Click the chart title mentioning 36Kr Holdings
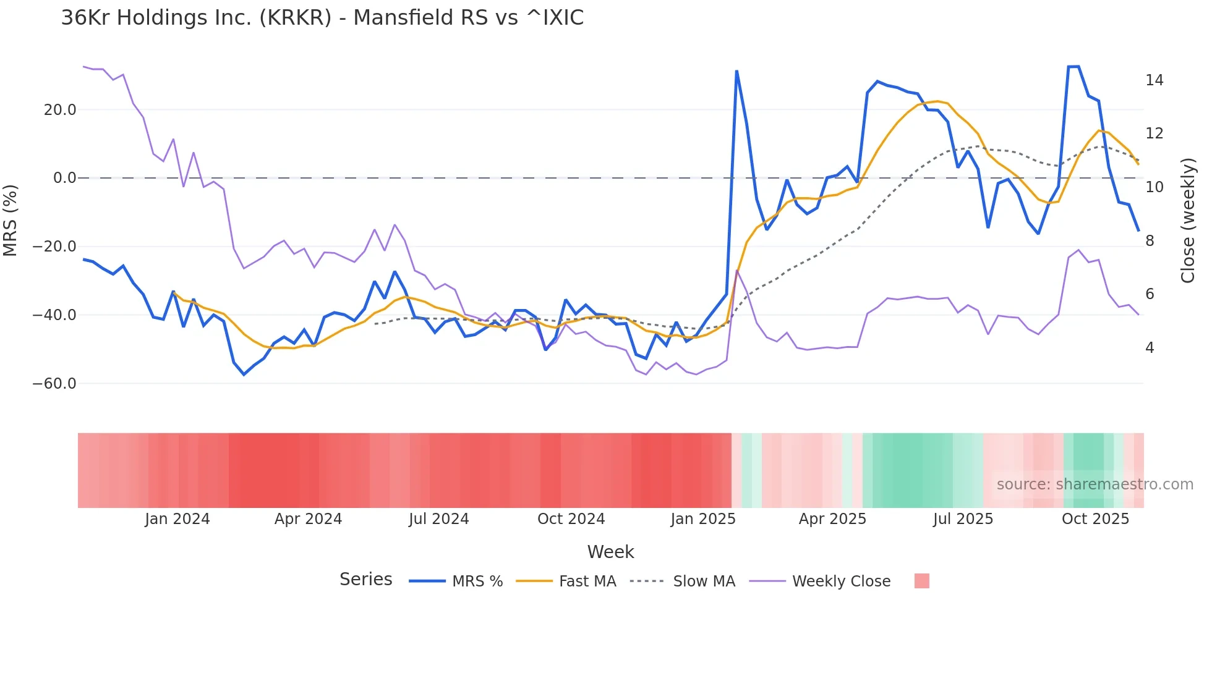[x=322, y=18]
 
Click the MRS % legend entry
[x=477, y=582]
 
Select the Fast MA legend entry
[x=587, y=582]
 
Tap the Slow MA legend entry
[x=704, y=582]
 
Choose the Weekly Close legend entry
[x=841, y=582]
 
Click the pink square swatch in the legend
[x=921, y=581]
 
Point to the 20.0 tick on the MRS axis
[x=60, y=110]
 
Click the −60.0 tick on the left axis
[x=55, y=384]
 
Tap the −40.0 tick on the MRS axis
[x=55, y=315]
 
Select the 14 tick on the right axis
[x=1154, y=80]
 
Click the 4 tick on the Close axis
[x=1150, y=348]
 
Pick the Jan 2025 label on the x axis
[x=703, y=519]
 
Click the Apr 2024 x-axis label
[x=308, y=519]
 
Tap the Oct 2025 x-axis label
[x=1095, y=519]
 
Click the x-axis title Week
[x=610, y=552]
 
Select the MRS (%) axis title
[x=11, y=220]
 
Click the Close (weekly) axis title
[x=1188, y=221]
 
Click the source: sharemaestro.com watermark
[x=1095, y=484]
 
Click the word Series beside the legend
[x=365, y=580]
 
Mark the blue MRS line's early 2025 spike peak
[x=736, y=72]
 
